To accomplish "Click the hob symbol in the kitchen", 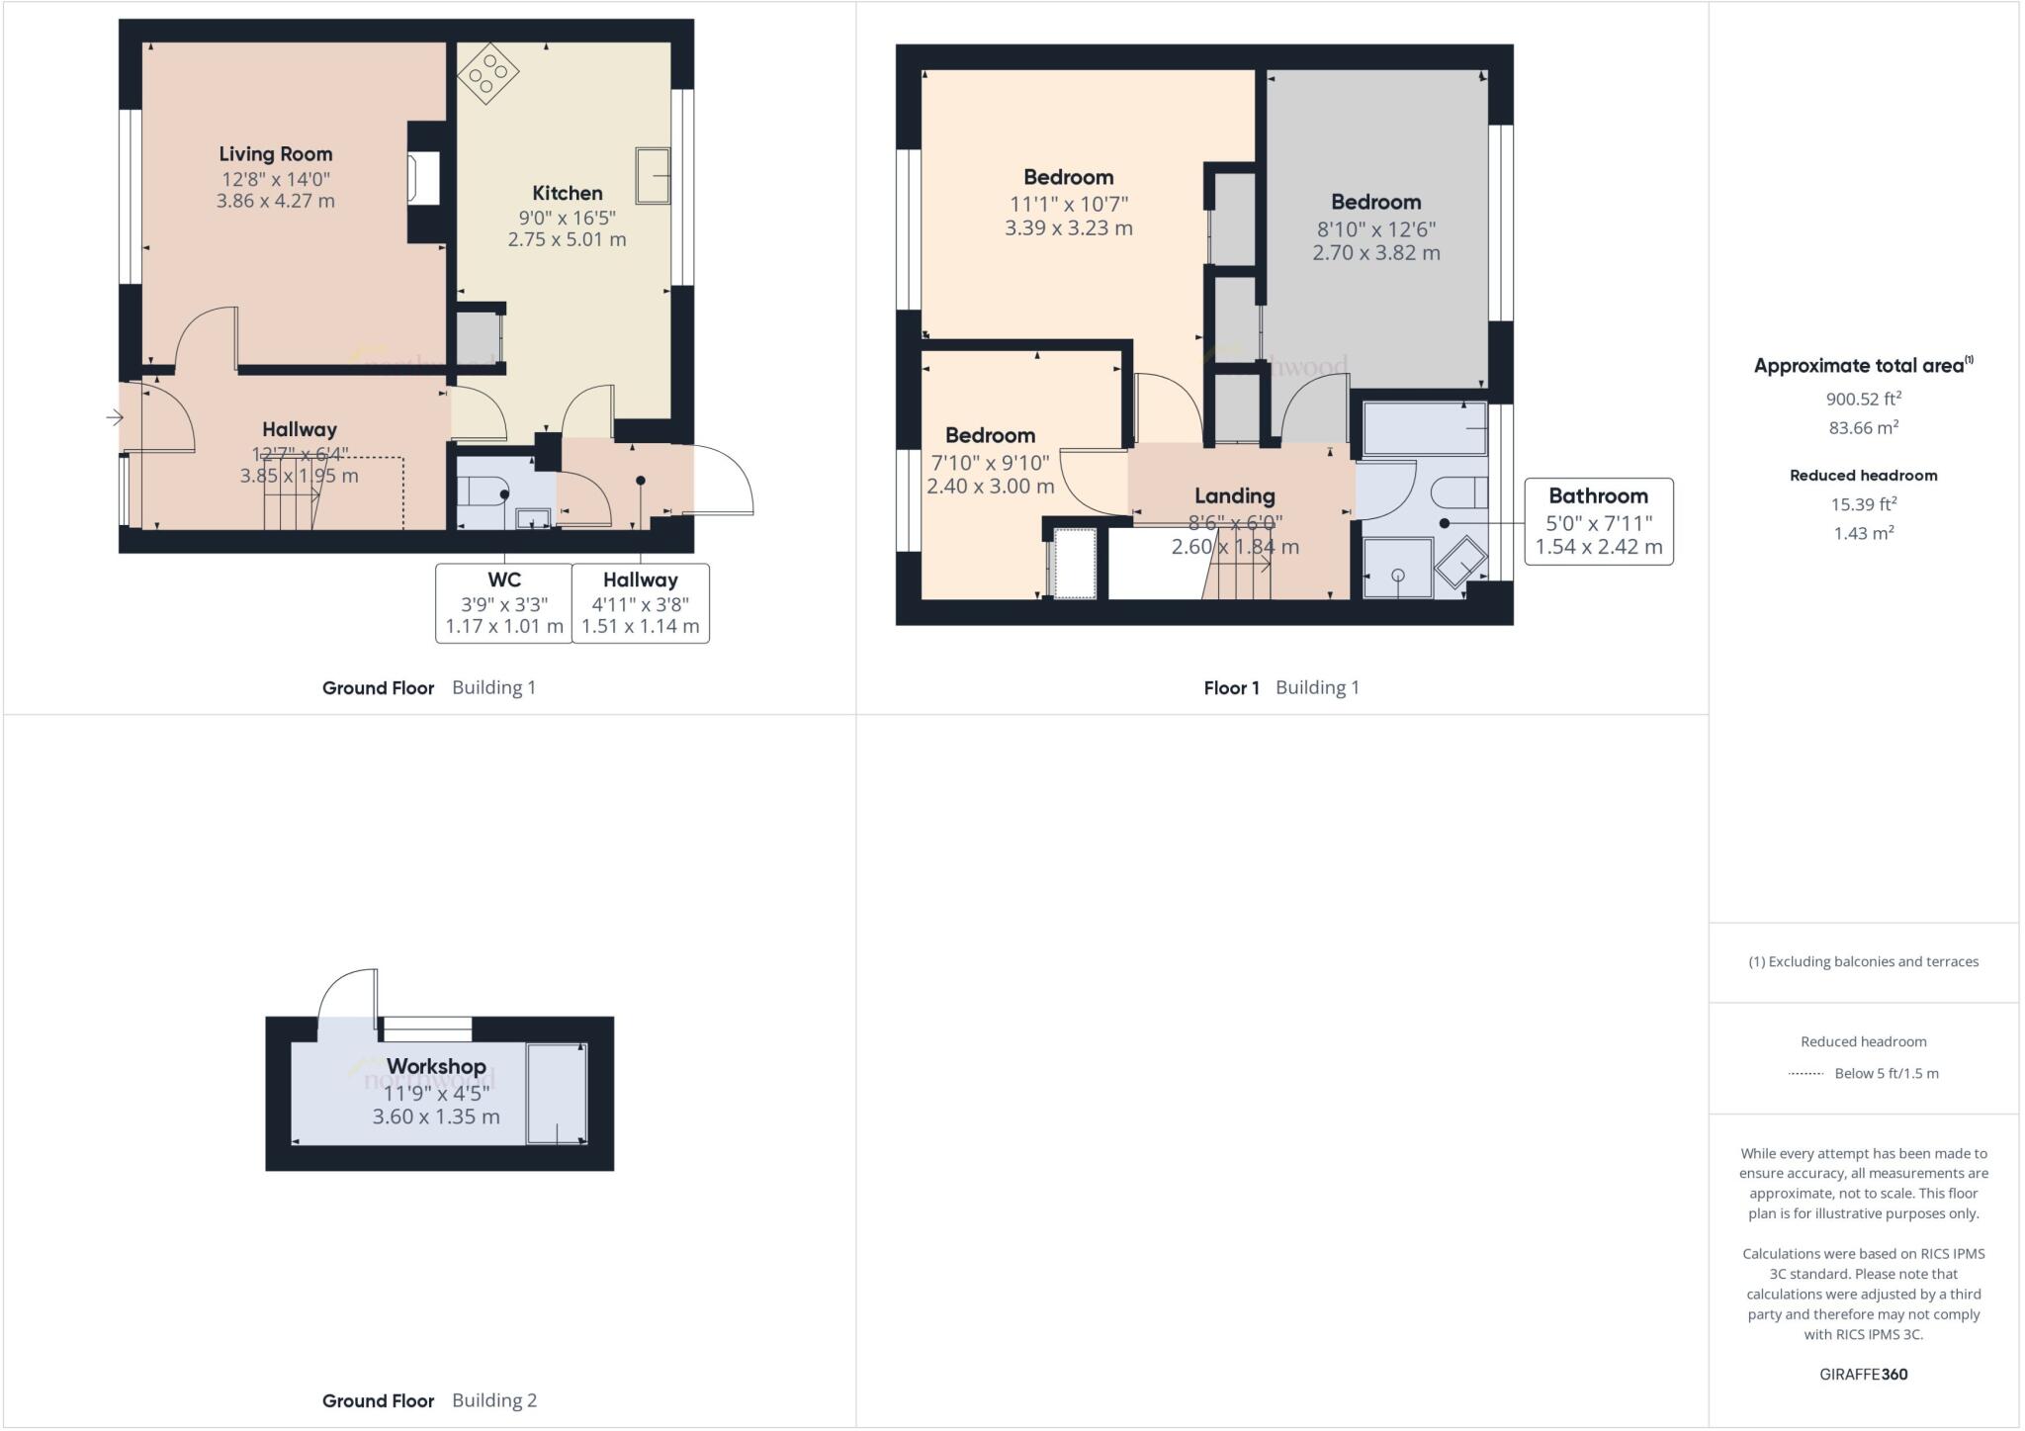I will pos(488,73).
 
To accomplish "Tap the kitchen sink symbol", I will pos(653,176).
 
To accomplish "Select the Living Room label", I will pos(275,154).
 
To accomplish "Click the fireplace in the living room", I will pos(423,179).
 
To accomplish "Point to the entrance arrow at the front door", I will pos(115,418).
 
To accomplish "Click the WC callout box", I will pos(504,603).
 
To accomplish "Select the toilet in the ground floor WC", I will pos(484,492).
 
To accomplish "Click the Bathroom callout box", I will pos(1598,521).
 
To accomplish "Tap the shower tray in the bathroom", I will pos(1397,569).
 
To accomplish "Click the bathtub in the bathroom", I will pos(1425,428).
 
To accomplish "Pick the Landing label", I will pos(1234,496).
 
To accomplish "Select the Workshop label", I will pos(436,1067).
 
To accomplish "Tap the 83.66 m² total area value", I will pos(1863,428).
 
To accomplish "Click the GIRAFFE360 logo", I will pos(1863,1374).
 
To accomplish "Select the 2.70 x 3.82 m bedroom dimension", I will pos(1375,253).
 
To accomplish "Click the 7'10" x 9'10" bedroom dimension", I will pos(990,463).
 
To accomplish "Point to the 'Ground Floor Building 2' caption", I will pos(429,1400).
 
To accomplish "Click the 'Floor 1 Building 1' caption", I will pos(1280,688).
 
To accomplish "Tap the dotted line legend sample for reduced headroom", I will pos(1805,1073).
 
